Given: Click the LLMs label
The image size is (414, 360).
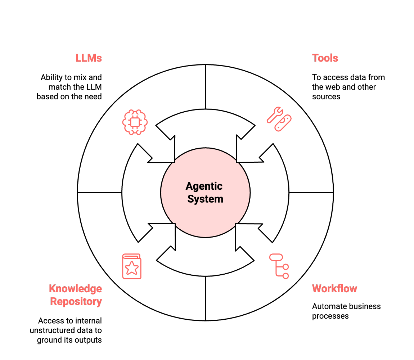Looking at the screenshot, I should pos(89,58).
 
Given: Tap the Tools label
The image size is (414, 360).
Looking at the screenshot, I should pos(325,58).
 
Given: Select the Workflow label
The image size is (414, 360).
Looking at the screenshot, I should pos(334,288).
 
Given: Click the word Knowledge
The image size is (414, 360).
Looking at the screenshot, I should pos(75,288).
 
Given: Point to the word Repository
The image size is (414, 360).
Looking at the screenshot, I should pos(76,301).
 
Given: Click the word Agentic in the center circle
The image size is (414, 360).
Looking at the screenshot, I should pos(204,186).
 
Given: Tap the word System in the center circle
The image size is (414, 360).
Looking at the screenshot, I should pos(205,199).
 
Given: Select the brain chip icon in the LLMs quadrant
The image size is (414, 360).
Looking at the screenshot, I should pos(135,122).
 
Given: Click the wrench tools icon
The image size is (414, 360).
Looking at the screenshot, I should pos(279,118).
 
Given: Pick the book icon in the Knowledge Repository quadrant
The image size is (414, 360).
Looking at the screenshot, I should pos(132,266).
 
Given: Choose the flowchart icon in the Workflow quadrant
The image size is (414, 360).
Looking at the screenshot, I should pos(279,266).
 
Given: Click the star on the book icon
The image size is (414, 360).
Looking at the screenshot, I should pos(132,268).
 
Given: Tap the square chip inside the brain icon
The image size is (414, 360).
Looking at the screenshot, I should pos(135,123).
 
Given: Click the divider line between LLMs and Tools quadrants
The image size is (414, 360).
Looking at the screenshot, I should pos(205,86).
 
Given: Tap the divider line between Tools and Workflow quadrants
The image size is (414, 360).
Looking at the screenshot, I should pos(311,193).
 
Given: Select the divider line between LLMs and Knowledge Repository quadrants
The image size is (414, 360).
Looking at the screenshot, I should pos(99,193).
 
